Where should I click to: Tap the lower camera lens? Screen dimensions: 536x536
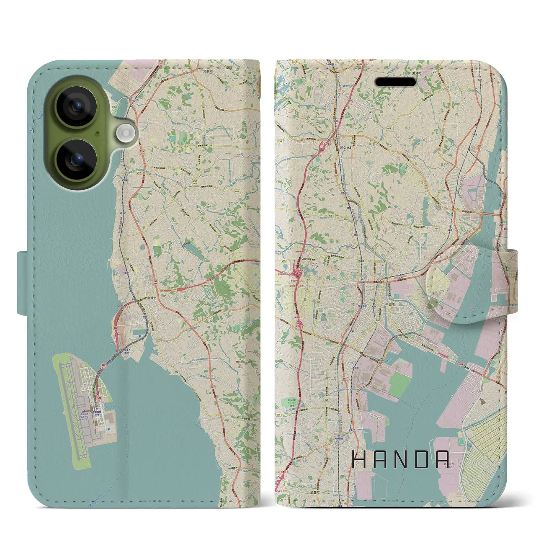coord(77,160)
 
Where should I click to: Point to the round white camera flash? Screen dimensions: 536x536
coord(125,134)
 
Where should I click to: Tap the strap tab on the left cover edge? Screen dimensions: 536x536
coord(23,283)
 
